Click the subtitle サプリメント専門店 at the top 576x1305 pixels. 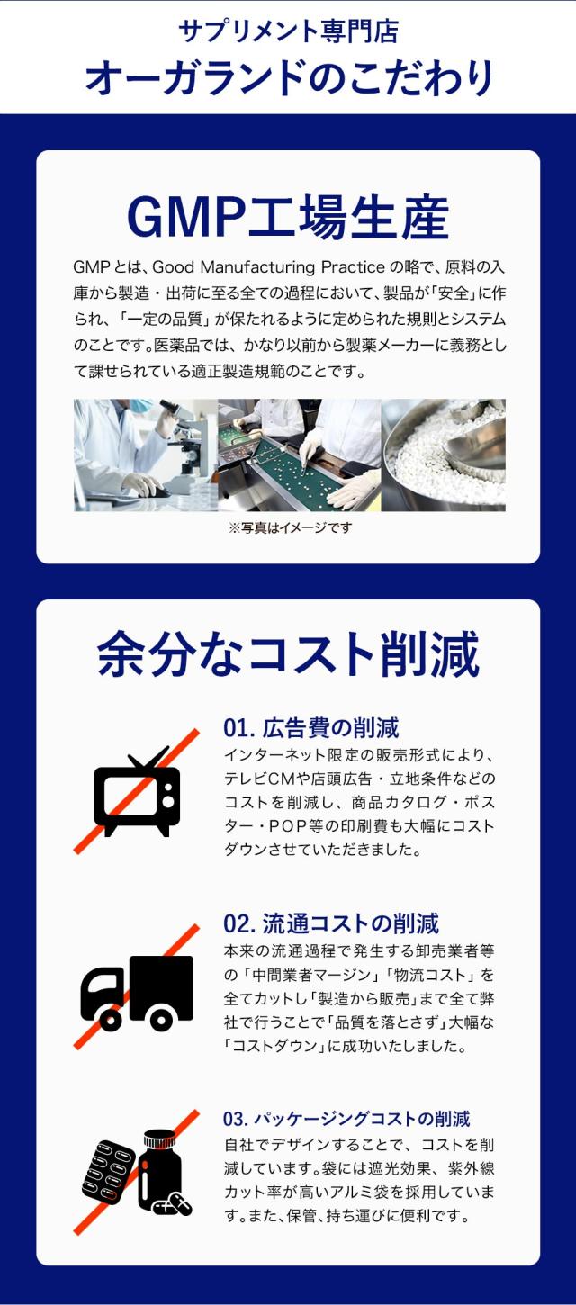(288, 31)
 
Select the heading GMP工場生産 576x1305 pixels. (288, 217)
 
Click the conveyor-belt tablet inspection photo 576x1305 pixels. (300, 455)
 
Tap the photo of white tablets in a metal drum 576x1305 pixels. (443, 455)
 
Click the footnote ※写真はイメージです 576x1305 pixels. (290, 527)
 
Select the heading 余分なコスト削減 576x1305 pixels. (288, 653)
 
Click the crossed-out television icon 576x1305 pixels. (136, 791)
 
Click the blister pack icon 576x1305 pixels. (108, 1170)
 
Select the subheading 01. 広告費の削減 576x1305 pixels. (311, 728)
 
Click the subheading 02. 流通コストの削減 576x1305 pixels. (331, 924)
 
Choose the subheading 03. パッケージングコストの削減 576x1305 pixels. (346, 1119)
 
